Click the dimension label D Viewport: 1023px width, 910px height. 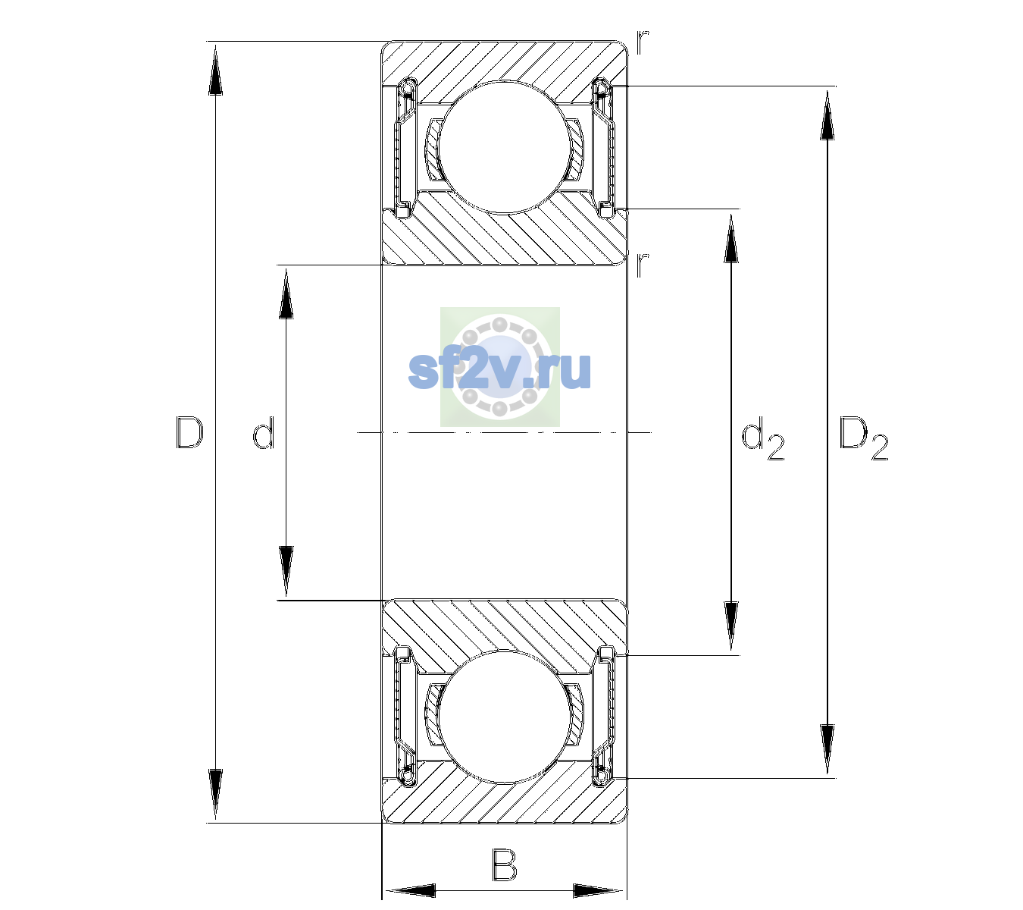click(189, 432)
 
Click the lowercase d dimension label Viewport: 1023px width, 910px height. click(263, 432)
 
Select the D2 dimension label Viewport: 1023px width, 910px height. click(863, 438)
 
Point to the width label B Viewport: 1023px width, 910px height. click(504, 864)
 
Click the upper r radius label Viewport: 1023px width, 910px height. click(643, 42)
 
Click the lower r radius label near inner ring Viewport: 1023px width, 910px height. click(642, 265)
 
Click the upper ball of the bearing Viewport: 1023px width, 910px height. click(504, 147)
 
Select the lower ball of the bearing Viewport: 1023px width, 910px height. click(504, 717)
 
